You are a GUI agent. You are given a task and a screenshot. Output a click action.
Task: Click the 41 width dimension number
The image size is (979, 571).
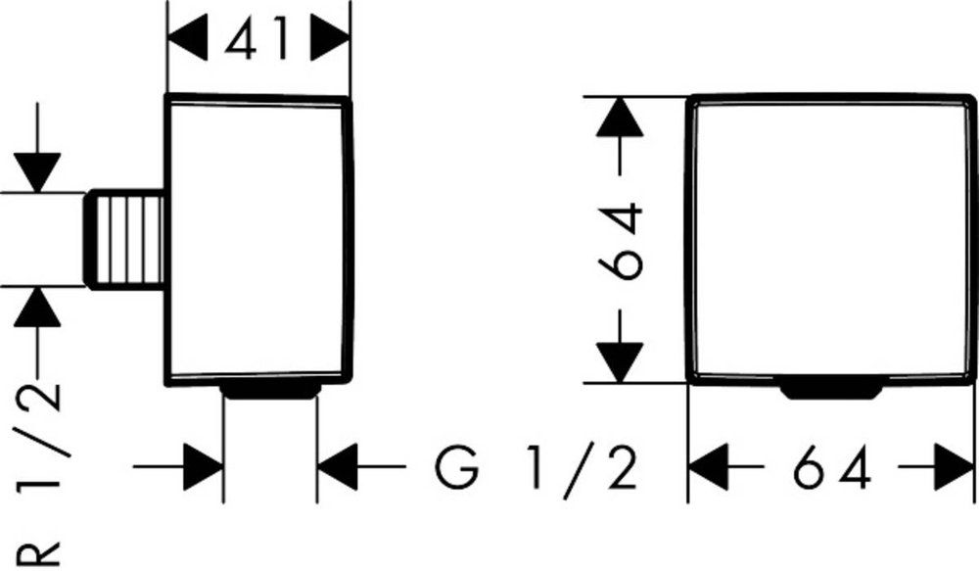click(259, 41)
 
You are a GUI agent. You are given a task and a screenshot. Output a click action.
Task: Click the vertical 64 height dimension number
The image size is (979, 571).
click(622, 240)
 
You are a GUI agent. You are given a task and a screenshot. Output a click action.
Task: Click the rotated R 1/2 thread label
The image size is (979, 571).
click(40, 470)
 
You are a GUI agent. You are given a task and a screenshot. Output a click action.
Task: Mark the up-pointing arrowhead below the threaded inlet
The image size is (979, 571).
click(40, 309)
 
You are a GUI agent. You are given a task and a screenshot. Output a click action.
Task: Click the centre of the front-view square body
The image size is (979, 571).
click(831, 240)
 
